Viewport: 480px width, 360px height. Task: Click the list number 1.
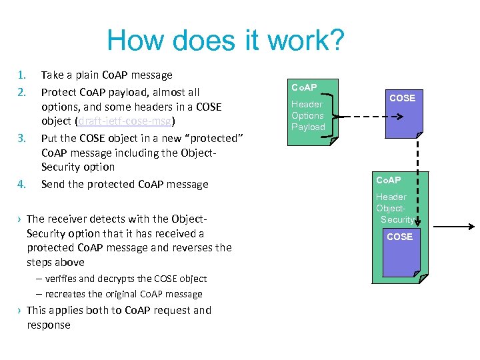(x=21, y=75)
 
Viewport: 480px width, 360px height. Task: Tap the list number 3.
(x=21, y=139)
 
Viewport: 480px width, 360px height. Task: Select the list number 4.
(x=21, y=185)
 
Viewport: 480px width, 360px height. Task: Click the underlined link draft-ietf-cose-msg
(x=125, y=121)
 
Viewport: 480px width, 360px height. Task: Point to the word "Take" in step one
(x=53, y=75)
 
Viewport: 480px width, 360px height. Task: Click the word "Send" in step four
(x=54, y=185)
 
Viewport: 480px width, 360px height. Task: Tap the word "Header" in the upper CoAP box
(x=307, y=104)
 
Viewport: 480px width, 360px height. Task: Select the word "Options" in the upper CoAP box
(x=308, y=115)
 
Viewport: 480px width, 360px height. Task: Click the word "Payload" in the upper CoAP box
(x=308, y=127)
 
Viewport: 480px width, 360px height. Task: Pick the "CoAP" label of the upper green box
(x=304, y=87)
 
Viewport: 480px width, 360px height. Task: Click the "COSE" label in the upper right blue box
(x=402, y=98)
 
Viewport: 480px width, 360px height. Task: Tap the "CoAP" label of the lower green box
(x=389, y=181)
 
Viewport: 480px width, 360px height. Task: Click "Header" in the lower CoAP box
(x=391, y=197)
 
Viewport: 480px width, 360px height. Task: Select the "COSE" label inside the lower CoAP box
(x=399, y=237)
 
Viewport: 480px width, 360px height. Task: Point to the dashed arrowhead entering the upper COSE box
(x=397, y=116)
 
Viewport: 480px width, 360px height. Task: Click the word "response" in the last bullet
(x=49, y=325)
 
